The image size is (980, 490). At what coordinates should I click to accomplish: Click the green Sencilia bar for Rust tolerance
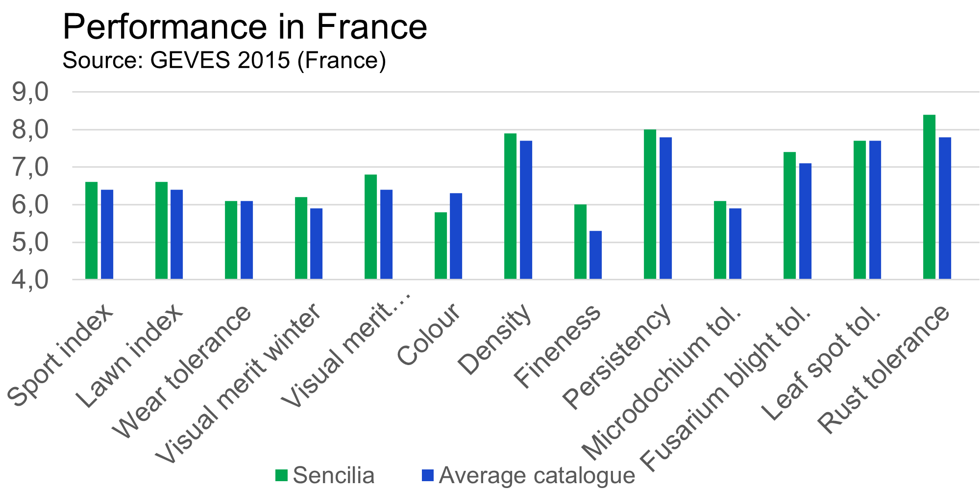coord(929,197)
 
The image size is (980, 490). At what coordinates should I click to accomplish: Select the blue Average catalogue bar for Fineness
coord(596,255)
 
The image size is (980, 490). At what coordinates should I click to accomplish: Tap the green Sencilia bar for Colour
coord(441,245)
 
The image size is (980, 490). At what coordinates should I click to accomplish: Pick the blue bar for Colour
coord(456,236)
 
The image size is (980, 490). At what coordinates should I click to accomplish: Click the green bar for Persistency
coord(650,204)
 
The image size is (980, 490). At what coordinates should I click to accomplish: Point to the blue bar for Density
coord(526,210)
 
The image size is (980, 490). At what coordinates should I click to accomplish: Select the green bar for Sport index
coord(92,230)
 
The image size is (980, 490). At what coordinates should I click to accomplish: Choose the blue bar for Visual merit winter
coord(317,244)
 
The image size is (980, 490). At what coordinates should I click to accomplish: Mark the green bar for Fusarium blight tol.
coord(790,216)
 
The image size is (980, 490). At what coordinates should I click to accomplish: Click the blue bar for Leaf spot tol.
coord(875,210)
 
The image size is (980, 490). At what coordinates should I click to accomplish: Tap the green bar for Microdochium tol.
coord(720,240)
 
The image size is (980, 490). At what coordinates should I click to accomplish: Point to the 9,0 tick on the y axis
coord(30,92)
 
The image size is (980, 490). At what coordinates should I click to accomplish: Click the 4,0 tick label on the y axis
coord(30,280)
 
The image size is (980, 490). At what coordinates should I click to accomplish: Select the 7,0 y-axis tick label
coord(30,168)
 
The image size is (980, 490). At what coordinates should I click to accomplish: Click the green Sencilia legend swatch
coord(281,475)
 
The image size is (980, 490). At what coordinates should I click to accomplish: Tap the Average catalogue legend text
coord(537,475)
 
